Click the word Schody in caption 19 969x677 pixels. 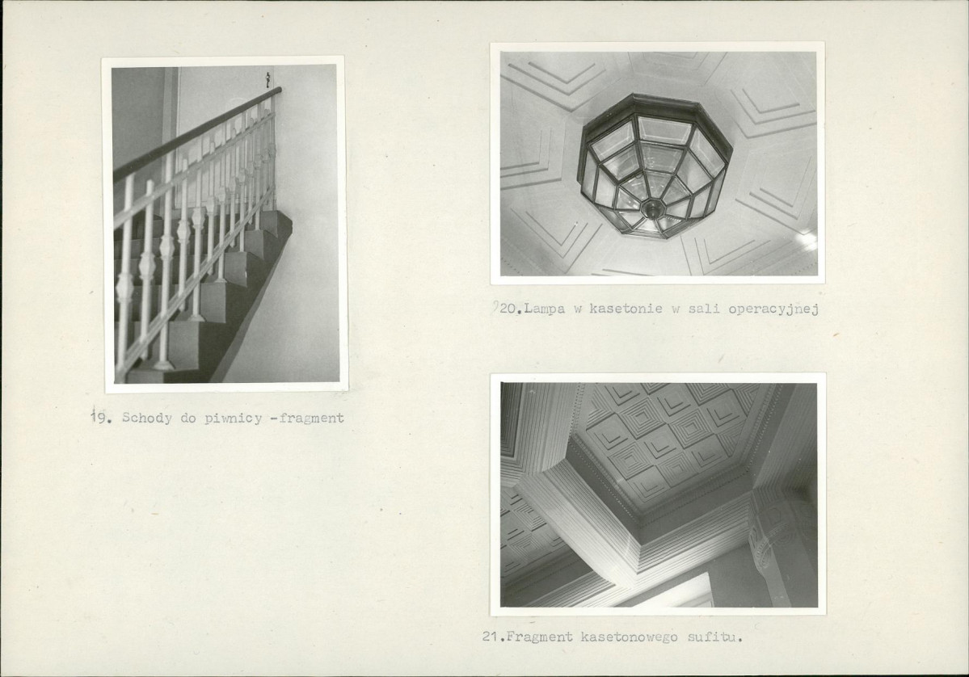tap(147, 418)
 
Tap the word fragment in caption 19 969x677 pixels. tap(311, 418)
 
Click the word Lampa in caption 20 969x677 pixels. tap(545, 309)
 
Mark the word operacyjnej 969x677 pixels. tap(773, 309)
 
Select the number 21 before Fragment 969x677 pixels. tap(491, 637)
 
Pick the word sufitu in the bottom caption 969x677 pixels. tap(713, 637)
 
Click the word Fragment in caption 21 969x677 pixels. tap(540, 637)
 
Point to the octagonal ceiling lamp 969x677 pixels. tap(655, 166)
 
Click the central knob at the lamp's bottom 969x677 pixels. tap(651, 208)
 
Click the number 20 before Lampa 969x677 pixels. tap(508, 309)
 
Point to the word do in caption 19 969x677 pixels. tap(187, 418)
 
